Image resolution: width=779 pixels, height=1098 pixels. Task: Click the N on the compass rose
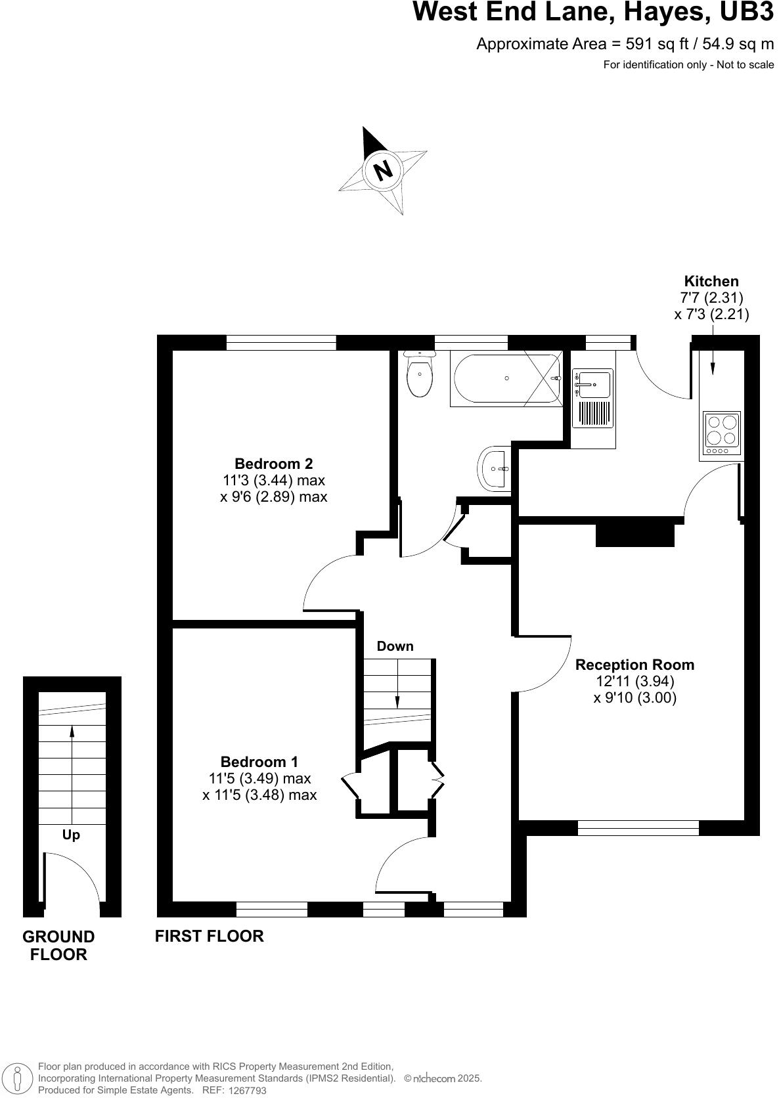click(383, 170)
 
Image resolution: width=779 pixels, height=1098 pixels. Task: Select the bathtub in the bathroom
click(506, 378)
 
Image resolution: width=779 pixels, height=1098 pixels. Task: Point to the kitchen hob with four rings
click(721, 432)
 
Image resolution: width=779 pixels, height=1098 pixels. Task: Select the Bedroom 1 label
click(259, 762)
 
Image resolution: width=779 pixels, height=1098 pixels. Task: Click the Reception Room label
click(634, 665)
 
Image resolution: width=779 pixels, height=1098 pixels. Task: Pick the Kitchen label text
click(711, 282)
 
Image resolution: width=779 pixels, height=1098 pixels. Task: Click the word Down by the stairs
click(395, 646)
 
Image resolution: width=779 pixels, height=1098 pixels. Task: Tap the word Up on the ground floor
click(71, 835)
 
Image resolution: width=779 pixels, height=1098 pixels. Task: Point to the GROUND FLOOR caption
click(58, 945)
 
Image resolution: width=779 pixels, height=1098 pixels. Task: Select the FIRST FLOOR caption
click(209, 936)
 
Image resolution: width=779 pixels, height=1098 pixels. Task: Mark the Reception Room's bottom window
click(638, 827)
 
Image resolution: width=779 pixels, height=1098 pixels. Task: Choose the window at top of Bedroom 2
click(281, 342)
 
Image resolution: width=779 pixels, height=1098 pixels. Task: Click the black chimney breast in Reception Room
click(634, 533)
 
